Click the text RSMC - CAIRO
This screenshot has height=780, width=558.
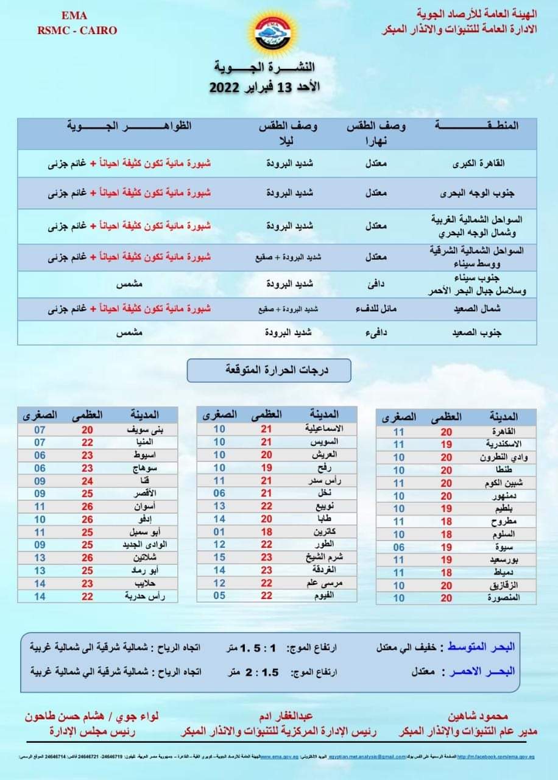click(x=77, y=30)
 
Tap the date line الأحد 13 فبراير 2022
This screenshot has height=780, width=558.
click(x=265, y=87)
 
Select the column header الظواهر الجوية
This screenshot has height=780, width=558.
click(x=130, y=126)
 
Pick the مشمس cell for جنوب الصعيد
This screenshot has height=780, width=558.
click(x=129, y=333)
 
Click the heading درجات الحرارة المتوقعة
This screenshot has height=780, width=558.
click(x=269, y=370)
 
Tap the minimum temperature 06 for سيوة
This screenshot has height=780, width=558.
click(x=398, y=547)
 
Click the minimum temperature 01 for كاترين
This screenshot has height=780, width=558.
click(x=219, y=531)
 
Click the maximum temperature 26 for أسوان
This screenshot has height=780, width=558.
click(x=87, y=506)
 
